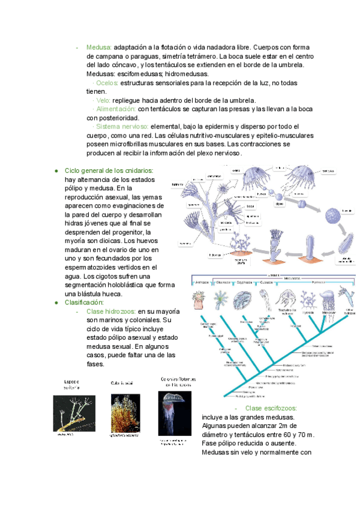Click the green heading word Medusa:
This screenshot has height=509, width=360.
[x=100, y=47]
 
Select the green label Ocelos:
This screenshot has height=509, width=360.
[x=108, y=83]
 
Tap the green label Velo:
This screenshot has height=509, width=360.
[x=103, y=100]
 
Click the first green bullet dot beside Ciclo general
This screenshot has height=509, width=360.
[x=56, y=171]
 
